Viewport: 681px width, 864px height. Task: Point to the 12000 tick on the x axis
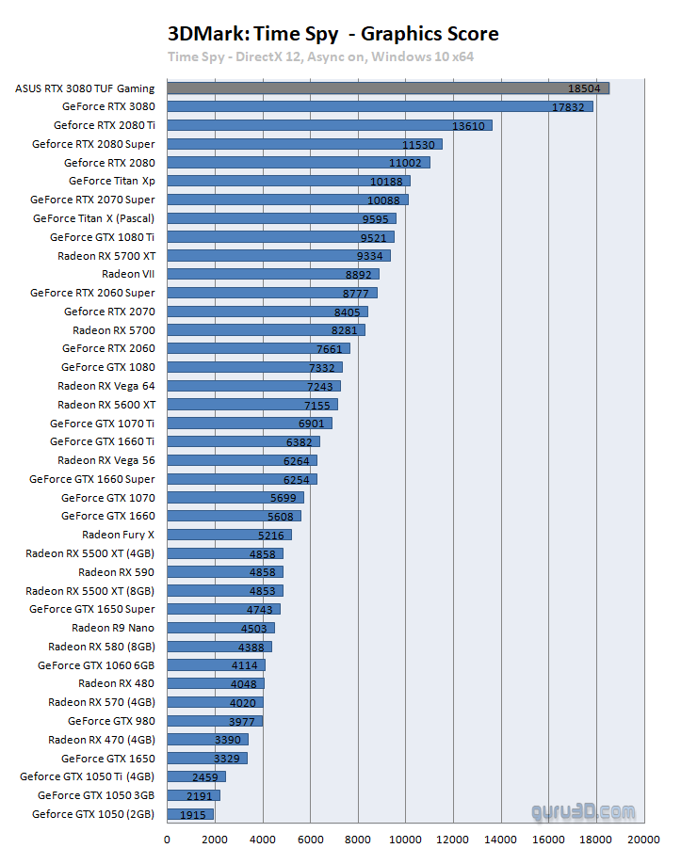tap(454, 840)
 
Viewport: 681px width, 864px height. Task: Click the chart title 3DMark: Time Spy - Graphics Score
tap(333, 35)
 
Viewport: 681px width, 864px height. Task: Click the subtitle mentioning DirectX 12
tap(320, 56)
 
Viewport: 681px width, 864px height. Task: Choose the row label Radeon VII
tap(128, 274)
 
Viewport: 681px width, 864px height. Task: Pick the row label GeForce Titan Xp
tap(112, 181)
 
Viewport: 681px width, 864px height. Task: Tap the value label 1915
tap(193, 814)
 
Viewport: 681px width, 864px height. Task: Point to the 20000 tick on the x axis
tap(644, 840)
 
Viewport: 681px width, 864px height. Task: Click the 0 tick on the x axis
tap(168, 840)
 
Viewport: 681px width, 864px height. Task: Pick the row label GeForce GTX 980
tap(111, 721)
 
